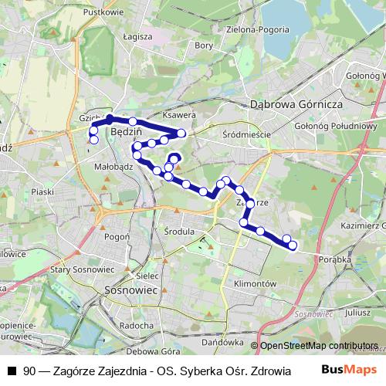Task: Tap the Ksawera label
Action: (x=181, y=116)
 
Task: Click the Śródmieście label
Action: (x=245, y=134)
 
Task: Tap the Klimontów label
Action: (x=254, y=284)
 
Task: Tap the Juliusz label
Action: (x=358, y=313)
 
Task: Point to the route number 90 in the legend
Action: (x=29, y=370)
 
